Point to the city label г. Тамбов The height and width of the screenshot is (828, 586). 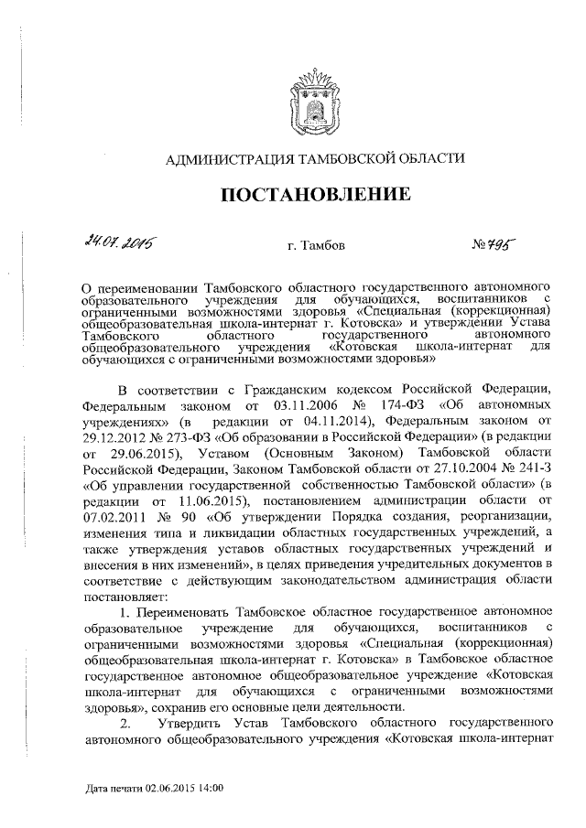316,244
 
